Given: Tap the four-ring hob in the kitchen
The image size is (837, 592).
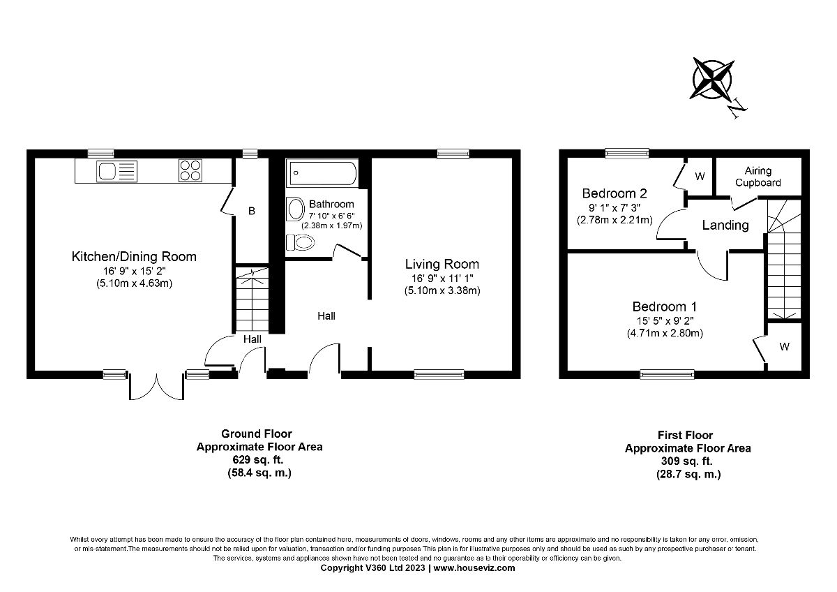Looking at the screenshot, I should pyautogui.click(x=189, y=171).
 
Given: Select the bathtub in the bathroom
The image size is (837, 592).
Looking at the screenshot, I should pyautogui.click(x=323, y=172).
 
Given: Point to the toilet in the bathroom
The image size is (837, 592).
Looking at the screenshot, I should pyautogui.click(x=301, y=242).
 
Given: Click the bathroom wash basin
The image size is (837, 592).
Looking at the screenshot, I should pyautogui.click(x=296, y=210).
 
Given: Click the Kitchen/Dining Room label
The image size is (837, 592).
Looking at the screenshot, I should pyautogui.click(x=135, y=257).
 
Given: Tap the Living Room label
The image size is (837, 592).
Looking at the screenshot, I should pyautogui.click(x=442, y=264).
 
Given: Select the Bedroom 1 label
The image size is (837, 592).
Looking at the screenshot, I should pyautogui.click(x=665, y=306).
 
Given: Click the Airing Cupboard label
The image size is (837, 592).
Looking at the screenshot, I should pyautogui.click(x=762, y=177).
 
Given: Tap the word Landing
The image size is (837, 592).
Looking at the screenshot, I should pyautogui.click(x=725, y=225).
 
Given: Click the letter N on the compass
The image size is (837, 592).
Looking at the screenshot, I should pyautogui.click(x=737, y=108).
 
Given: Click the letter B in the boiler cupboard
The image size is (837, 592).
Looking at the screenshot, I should pyautogui.click(x=252, y=210).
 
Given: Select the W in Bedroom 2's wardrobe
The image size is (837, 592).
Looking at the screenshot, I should pyautogui.click(x=700, y=177).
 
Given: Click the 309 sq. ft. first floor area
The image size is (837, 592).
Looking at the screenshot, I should pyautogui.click(x=688, y=461).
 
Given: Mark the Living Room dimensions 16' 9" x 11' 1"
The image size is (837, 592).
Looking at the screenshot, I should pyautogui.click(x=442, y=279).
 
